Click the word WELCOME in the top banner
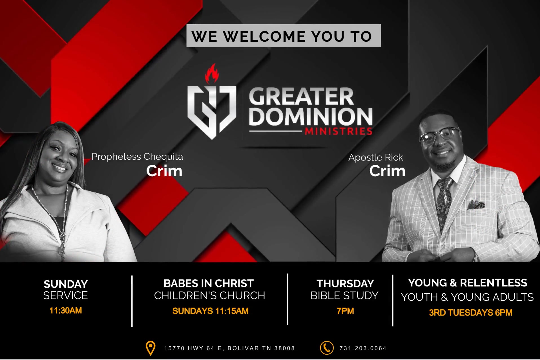[x=265, y=36]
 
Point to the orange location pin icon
[x=151, y=348]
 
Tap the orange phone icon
[x=327, y=348]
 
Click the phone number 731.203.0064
[x=363, y=348]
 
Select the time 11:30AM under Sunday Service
[x=66, y=311]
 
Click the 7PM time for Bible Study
[x=345, y=311]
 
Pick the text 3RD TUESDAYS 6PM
[x=470, y=313]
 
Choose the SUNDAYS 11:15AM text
[x=210, y=311]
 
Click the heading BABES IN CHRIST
[x=209, y=283]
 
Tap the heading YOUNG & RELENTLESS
[x=468, y=283]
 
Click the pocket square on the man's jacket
[x=476, y=205]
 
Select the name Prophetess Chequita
[x=137, y=157]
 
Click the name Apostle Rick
[x=376, y=157]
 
